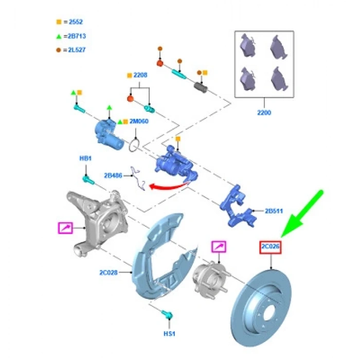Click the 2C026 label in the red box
point(271,247)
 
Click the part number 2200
point(263,113)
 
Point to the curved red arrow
point(169,186)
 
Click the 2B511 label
point(273,211)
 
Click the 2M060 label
point(138,121)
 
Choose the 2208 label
point(140,75)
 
